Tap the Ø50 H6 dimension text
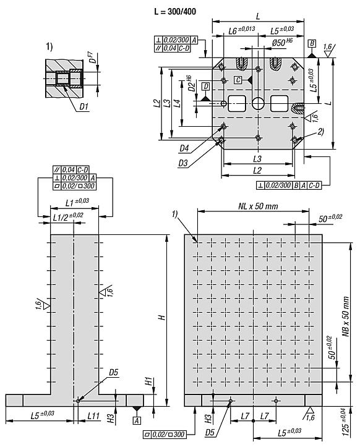(x=284, y=43)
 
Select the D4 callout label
(x=184, y=148)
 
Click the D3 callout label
(x=184, y=163)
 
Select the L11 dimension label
(x=93, y=418)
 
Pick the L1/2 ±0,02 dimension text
(x=67, y=215)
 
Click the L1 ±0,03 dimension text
(x=77, y=202)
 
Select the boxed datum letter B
(x=312, y=44)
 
